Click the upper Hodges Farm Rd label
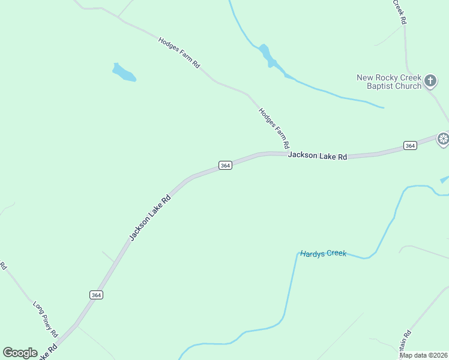(x=179, y=53)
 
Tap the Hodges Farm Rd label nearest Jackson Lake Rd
(x=274, y=128)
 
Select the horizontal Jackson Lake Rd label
(x=318, y=156)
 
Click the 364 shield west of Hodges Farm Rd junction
(x=224, y=165)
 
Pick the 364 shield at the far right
(x=410, y=145)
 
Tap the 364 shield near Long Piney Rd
(x=96, y=295)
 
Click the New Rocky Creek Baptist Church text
(x=389, y=82)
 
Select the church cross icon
(x=430, y=80)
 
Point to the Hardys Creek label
(x=324, y=254)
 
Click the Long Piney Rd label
(x=45, y=318)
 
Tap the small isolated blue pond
(x=124, y=73)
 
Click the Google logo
(x=20, y=353)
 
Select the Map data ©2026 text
(x=423, y=355)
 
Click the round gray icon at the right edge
(x=443, y=140)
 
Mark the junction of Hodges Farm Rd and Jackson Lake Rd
(x=286, y=154)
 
